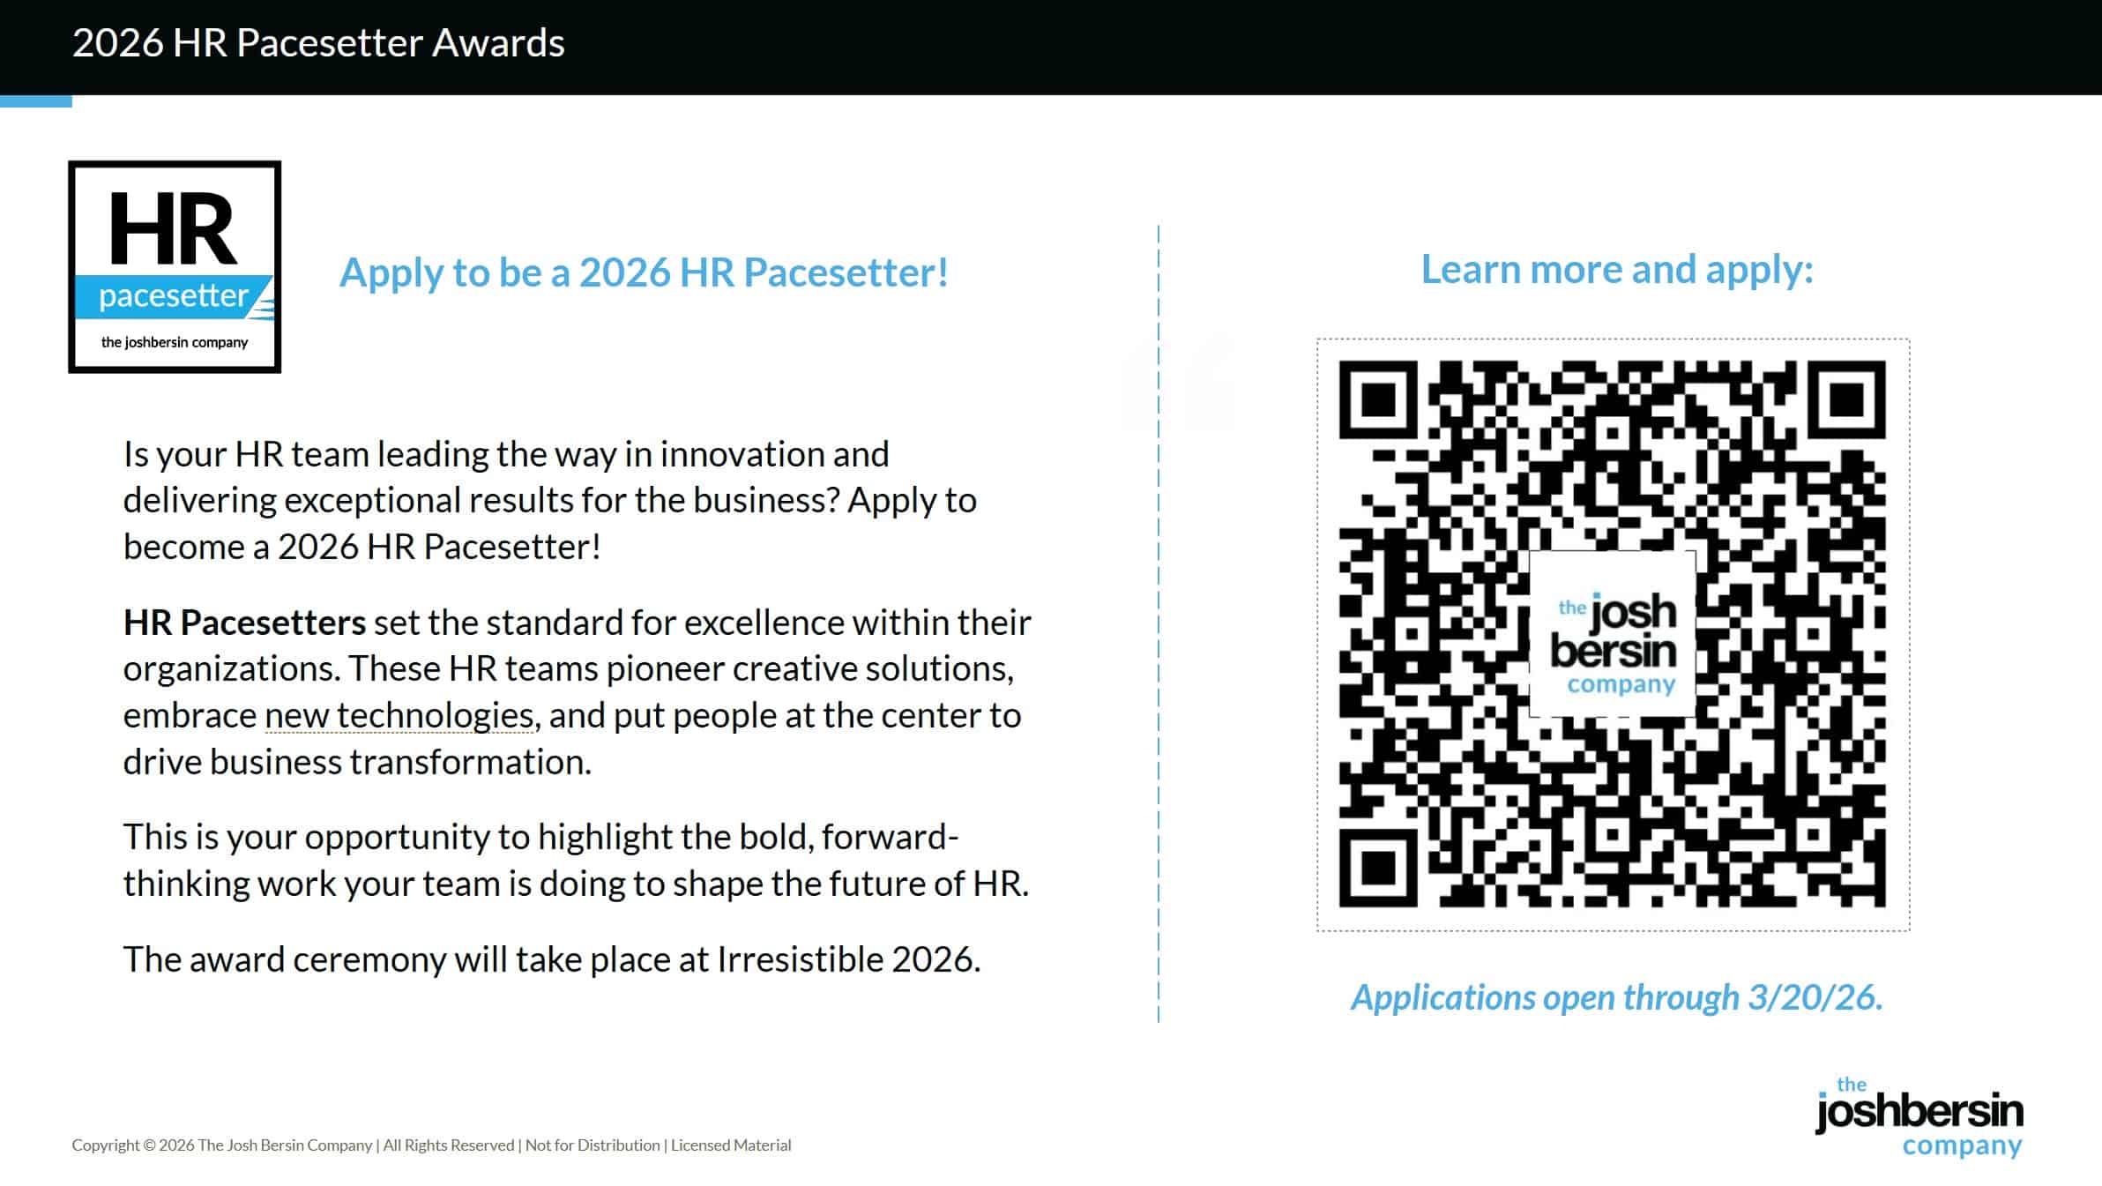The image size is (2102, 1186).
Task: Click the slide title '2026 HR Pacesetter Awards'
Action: click(x=318, y=42)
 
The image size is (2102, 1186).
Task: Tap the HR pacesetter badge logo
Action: click(x=175, y=266)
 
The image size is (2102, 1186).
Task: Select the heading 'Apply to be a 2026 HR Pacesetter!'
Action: click(x=644, y=272)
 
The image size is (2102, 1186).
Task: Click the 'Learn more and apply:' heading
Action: click(x=1617, y=270)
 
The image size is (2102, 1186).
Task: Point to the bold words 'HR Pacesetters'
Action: click(x=244, y=622)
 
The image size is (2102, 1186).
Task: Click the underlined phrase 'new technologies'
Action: click(x=399, y=715)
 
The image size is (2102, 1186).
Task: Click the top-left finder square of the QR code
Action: click(x=1378, y=399)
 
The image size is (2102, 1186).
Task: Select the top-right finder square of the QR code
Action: click(x=1847, y=399)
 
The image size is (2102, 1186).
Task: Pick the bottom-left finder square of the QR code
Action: click(x=1378, y=868)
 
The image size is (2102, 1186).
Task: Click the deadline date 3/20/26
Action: click(x=1815, y=997)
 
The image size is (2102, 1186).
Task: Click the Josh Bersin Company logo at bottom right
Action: click(x=1919, y=1116)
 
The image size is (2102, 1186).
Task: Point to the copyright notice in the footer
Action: click(x=431, y=1145)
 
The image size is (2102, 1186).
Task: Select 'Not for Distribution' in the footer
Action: click(x=593, y=1145)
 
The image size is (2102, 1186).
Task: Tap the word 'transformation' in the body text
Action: click(x=444, y=761)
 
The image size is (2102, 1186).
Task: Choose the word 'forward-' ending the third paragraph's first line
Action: click(x=890, y=836)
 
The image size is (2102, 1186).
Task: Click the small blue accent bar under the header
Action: click(x=36, y=101)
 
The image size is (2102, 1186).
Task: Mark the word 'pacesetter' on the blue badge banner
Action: click(x=173, y=296)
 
